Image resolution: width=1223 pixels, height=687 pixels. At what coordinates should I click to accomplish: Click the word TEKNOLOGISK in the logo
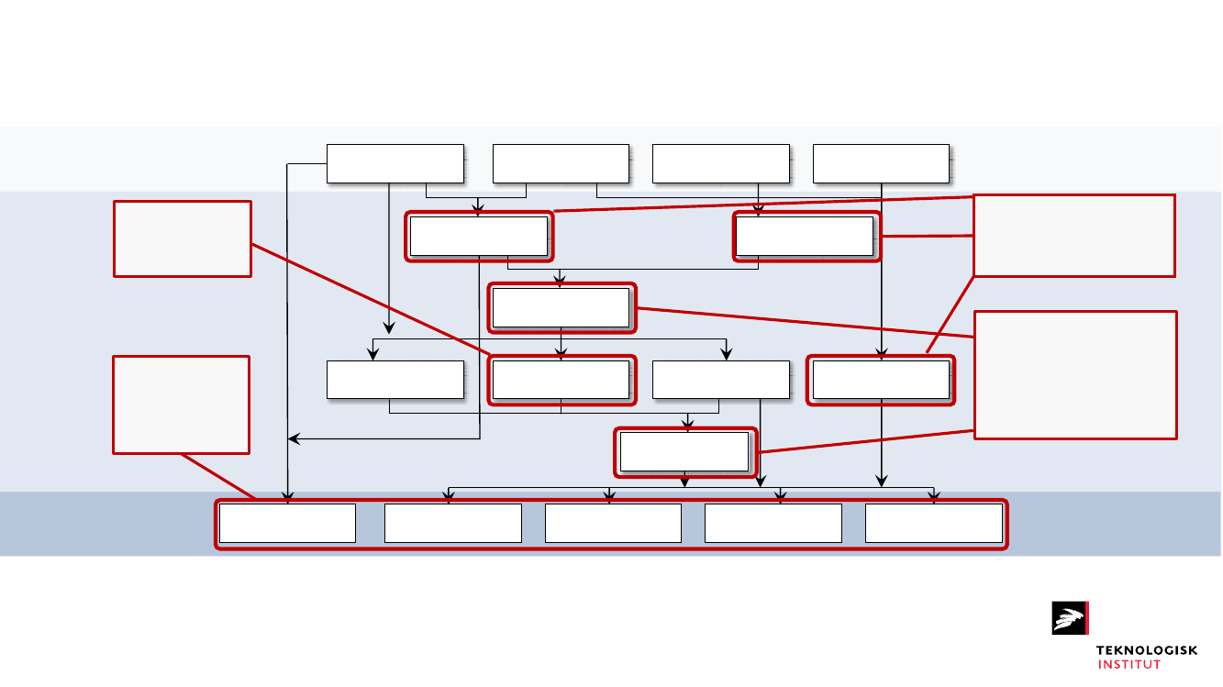click(x=1146, y=650)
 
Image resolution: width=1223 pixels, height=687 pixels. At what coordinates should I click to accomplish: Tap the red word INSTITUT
click(x=1128, y=664)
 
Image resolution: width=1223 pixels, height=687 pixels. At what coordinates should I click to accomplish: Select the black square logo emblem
click(x=1069, y=617)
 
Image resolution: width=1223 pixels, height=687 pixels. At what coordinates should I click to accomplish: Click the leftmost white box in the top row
click(x=395, y=163)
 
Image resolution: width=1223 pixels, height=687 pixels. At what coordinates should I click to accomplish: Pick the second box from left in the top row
click(x=561, y=163)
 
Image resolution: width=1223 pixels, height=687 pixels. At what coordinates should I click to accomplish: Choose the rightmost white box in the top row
click(x=881, y=163)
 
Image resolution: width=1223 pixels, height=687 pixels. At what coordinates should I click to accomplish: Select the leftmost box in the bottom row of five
click(x=287, y=523)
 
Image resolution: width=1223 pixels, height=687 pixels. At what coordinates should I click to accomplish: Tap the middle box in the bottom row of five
click(x=613, y=523)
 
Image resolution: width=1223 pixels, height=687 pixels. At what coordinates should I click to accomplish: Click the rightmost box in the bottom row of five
click(x=933, y=523)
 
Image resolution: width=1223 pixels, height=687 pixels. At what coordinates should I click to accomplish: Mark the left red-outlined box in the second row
click(x=479, y=236)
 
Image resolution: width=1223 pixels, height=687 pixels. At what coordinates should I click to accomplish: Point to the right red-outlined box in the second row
click(x=805, y=236)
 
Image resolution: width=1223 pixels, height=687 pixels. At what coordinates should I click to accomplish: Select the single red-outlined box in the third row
click(x=561, y=307)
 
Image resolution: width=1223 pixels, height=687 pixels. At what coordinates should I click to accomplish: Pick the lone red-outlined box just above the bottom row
click(x=686, y=452)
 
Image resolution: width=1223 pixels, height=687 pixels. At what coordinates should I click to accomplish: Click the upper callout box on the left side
click(x=182, y=238)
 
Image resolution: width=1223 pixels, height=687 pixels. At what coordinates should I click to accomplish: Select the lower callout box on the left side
click(x=182, y=404)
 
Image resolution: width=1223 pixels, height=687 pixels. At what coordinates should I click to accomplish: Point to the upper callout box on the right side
click(x=1073, y=235)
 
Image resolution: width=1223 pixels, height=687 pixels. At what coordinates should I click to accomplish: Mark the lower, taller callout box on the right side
click(x=1075, y=375)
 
